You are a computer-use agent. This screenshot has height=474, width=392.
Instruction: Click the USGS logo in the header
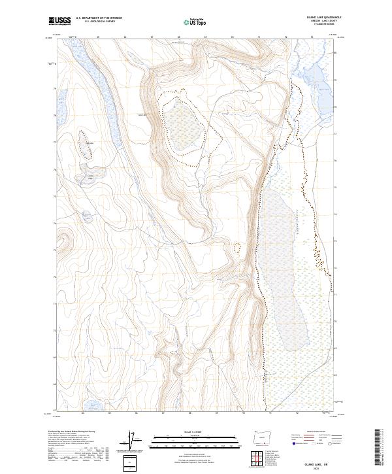click(60, 22)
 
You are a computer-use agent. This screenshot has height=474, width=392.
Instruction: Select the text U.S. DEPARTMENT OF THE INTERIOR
click(99, 19)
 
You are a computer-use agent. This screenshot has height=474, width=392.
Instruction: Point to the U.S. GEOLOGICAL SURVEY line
click(99, 23)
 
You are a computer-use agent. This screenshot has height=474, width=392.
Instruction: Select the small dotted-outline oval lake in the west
click(86, 148)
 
